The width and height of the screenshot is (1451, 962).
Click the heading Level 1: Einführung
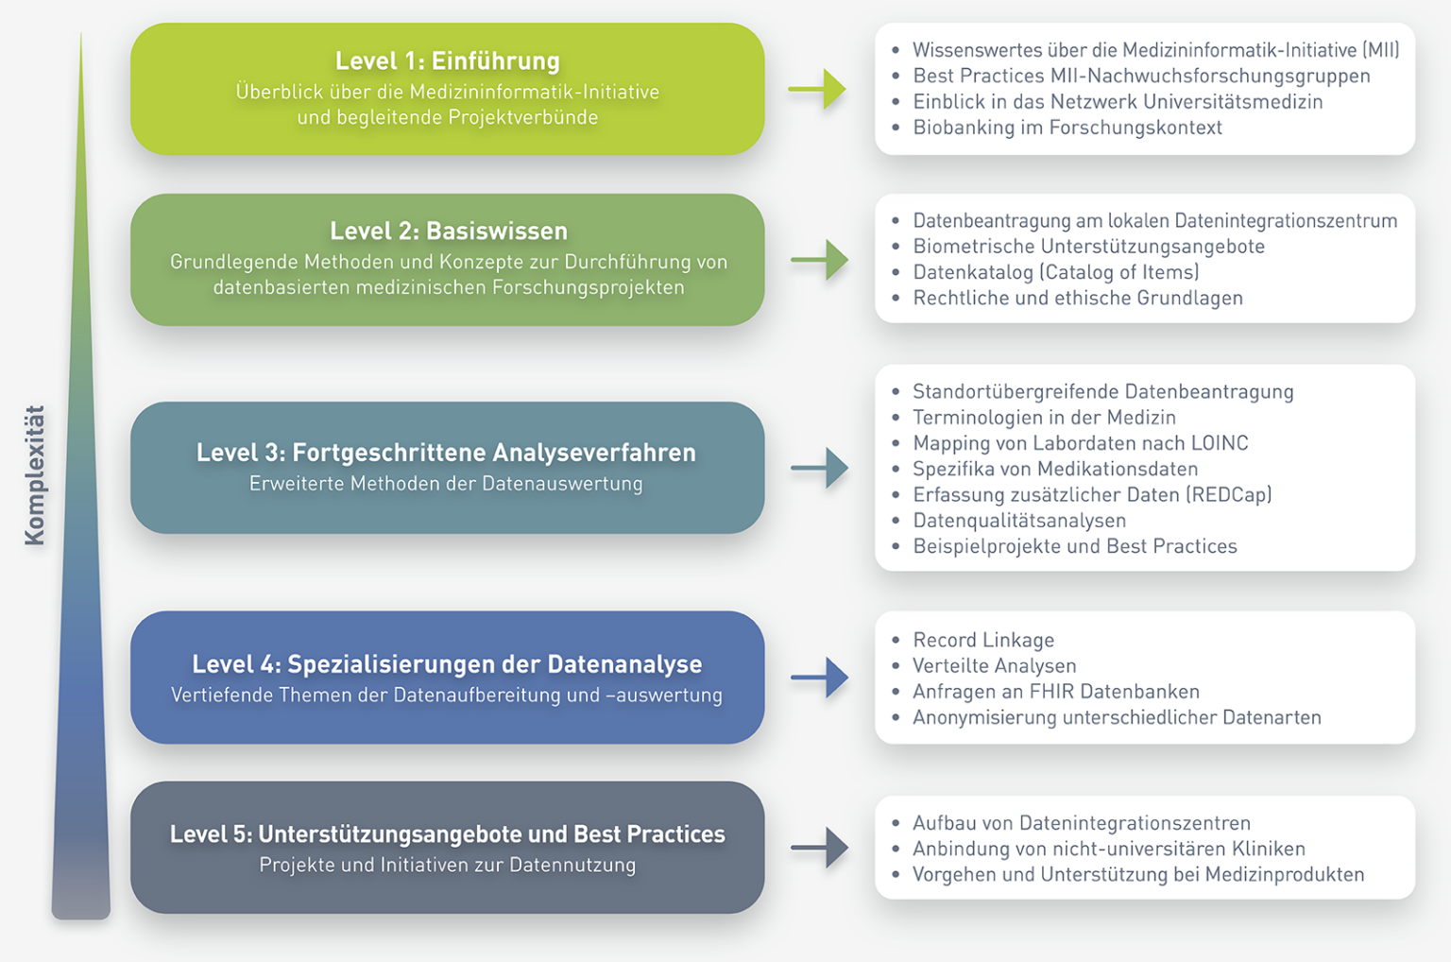pyautogui.click(x=447, y=61)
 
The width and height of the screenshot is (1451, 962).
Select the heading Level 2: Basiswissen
pyautogui.click(x=449, y=232)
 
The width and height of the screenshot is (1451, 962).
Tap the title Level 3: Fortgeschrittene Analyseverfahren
pyautogui.click(x=446, y=453)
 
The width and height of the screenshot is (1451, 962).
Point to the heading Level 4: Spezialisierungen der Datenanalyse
pyautogui.click(x=447, y=664)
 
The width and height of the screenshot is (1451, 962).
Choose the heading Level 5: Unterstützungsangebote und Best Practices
pyautogui.click(x=447, y=834)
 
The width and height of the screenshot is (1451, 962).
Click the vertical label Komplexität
pyautogui.click(x=35, y=475)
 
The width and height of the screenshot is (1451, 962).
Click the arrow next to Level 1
pyautogui.click(x=818, y=90)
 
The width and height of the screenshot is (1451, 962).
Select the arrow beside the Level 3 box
pyautogui.click(x=819, y=468)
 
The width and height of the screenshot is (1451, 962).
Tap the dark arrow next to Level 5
pyautogui.click(x=819, y=848)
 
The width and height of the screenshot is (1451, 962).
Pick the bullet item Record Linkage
pyautogui.click(x=982, y=641)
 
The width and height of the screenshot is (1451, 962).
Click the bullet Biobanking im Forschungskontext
pyautogui.click(x=1067, y=128)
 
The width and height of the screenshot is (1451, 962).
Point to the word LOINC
pyautogui.click(x=1220, y=443)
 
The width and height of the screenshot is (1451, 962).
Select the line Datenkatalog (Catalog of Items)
pyautogui.click(x=1055, y=272)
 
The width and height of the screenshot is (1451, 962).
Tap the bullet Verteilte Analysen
pyautogui.click(x=994, y=666)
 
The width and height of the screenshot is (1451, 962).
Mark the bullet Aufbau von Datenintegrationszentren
pyautogui.click(x=1081, y=823)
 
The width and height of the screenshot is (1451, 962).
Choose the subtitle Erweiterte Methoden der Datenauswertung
pyautogui.click(x=446, y=484)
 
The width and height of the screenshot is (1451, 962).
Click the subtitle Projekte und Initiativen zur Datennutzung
pyautogui.click(x=447, y=865)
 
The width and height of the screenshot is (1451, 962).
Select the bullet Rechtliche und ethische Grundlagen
pyautogui.click(x=1077, y=299)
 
